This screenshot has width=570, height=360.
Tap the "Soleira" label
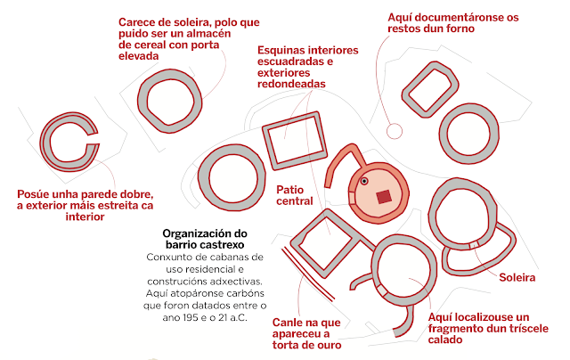[x=517, y=278]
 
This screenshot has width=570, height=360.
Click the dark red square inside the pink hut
[x=384, y=196]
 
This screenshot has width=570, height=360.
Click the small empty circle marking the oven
[x=395, y=132]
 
